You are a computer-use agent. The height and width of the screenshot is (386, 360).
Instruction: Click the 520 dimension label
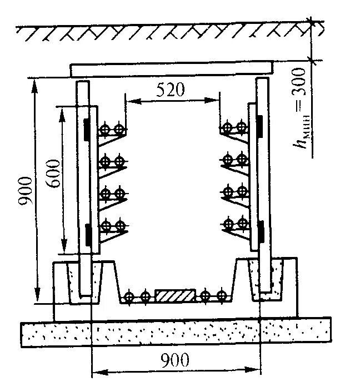170,90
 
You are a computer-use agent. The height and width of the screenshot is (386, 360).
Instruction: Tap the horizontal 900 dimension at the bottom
176,360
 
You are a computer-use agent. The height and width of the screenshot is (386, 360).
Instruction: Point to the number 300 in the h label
300,83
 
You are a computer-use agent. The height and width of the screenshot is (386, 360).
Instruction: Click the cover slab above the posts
172,69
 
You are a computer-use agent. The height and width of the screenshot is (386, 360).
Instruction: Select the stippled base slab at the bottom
176,333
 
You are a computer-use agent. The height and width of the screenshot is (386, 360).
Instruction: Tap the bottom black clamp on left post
87,233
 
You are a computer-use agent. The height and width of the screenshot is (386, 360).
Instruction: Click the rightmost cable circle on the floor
222,296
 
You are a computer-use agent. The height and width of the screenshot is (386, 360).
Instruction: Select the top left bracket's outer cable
104,130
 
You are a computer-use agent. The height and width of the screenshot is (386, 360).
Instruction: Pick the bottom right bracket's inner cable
228,224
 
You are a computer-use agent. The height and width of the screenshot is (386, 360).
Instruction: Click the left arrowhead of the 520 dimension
129,101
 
